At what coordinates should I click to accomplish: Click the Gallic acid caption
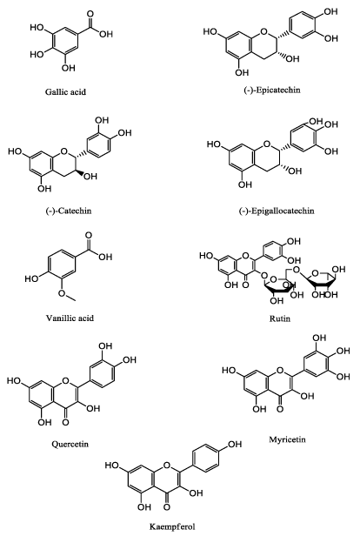tap(65, 91)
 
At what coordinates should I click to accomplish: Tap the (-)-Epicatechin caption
tap(272, 90)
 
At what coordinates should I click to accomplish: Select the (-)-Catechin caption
tap(69, 211)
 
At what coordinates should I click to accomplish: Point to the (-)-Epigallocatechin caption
tap(277, 211)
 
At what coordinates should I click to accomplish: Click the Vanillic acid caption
tap(70, 318)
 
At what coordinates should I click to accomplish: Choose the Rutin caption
tap(280, 318)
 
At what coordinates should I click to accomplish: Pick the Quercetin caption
tap(70, 444)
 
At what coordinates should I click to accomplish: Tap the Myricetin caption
tap(287, 439)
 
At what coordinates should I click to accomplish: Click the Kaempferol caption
tap(172, 526)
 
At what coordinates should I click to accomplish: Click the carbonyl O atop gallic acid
tap(90, 14)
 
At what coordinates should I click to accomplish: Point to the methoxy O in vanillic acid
tap(62, 293)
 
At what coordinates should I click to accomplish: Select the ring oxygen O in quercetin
tap(66, 380)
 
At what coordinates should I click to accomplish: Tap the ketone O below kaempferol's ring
tap(167, 507)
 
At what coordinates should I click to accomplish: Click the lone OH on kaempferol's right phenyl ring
tap(235, 444)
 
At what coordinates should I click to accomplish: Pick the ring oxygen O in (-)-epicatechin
tap(263, 32)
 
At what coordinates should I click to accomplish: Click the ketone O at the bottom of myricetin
tap(280, 408)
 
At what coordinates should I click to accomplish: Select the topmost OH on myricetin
tap(319, 338)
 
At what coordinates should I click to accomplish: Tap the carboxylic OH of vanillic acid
tap(105, 257)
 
